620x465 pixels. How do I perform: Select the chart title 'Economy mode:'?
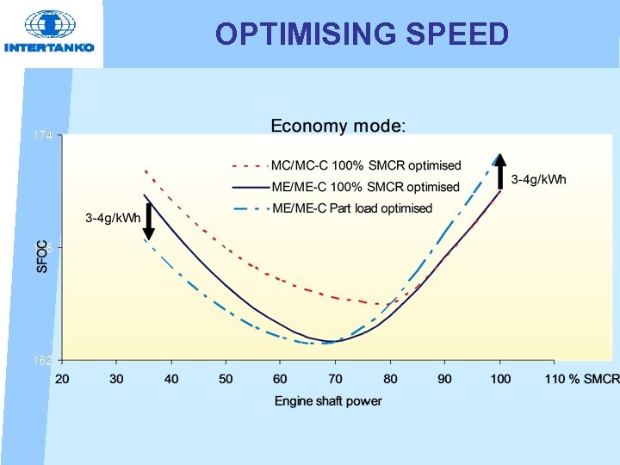point(337,127)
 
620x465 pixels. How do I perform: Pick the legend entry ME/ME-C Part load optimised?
point(351,208)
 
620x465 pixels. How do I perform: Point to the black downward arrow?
point(148,221)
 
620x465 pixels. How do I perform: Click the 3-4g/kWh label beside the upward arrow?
point(539,180)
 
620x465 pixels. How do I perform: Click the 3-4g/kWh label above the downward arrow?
point(113,217)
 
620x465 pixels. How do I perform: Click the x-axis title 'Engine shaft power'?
point(328,400)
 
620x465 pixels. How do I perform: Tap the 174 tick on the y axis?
point(42,136)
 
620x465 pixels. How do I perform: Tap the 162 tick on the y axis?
point(42,359)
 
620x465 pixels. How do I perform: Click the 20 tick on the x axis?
point(62,379)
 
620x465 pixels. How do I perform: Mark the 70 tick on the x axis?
point(335,379)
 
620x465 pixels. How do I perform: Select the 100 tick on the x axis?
point(499,379)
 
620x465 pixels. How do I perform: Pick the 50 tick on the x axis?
point(226,379)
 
